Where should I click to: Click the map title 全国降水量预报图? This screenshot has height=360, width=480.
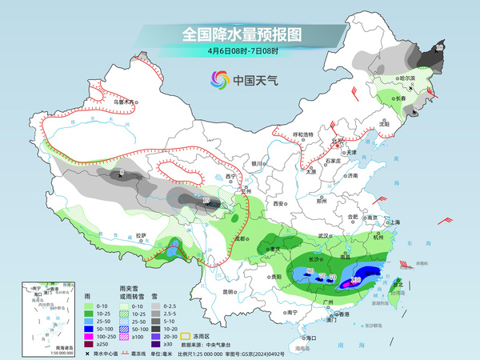[x=239, y=34]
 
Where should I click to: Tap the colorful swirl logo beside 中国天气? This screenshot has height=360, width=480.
[x=219, y=79]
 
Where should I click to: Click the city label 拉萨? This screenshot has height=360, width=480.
[x=141, y=235]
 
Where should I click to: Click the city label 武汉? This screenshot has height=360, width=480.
[x=323, y=236]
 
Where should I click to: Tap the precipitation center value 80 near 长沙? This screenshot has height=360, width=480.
[x=310, y=273]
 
